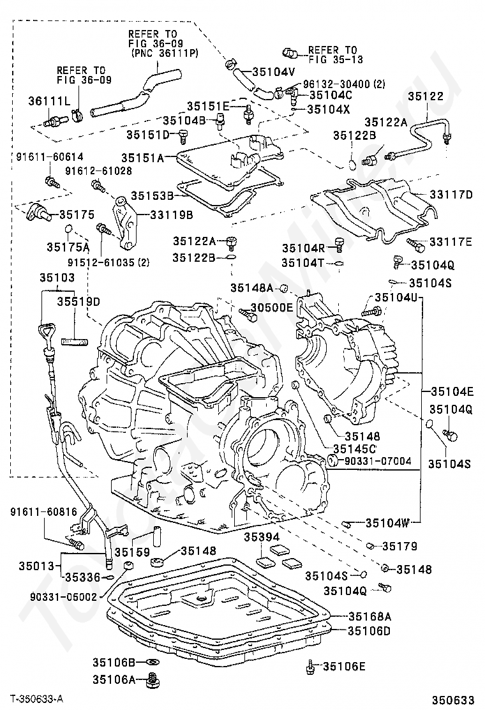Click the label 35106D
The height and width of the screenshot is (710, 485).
click(x=369, y=631)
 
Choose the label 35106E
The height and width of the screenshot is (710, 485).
click(x=344, y=667)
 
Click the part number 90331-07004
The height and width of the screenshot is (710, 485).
click(x=378, y=460)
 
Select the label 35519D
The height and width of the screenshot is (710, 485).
click(x=79, y=301)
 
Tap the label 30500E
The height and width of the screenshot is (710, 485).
click(x=271, y=308)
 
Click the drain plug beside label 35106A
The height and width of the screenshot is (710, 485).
click(x=152, y=679)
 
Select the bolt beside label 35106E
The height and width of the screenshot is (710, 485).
click(x=310, y=667)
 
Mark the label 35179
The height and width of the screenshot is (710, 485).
click(x=399, y=547)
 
